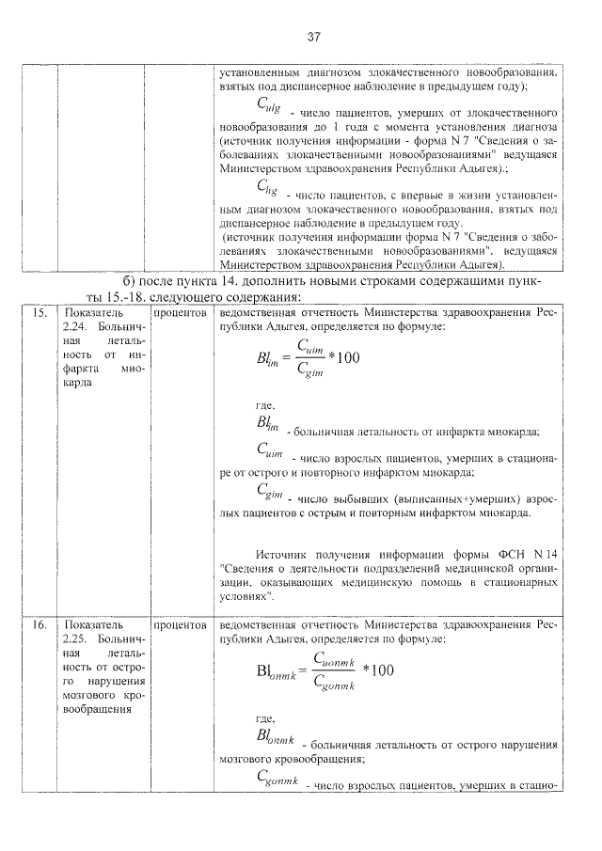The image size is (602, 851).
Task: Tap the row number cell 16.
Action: [39, 623]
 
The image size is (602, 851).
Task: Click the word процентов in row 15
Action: [181, 311]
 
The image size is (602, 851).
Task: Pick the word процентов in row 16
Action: [181, 623]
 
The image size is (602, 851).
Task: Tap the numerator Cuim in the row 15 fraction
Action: [309, 348]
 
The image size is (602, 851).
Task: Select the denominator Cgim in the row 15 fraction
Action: [309, 371]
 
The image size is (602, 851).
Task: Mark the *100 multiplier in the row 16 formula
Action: [378, 670]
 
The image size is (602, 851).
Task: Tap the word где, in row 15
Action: [265, 405]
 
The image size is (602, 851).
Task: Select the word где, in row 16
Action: [265, 717]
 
